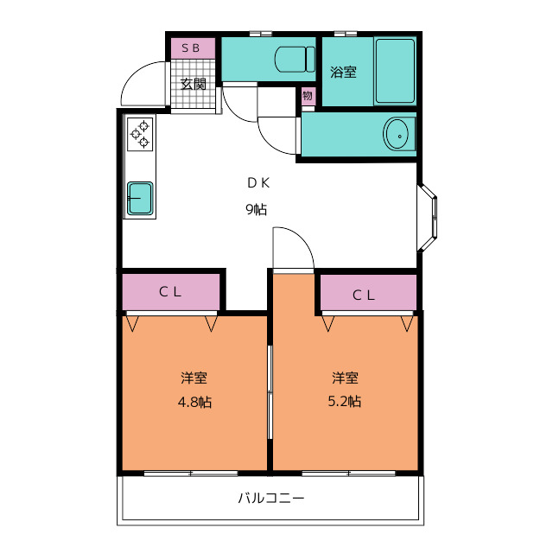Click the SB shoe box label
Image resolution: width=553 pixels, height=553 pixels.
(x=191, y=48)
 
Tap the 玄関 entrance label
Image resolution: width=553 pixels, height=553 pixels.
(x=193, y=84)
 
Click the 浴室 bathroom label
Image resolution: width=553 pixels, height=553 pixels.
(x=343, y=73)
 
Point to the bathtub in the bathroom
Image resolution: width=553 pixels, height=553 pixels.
(x=395, y=71)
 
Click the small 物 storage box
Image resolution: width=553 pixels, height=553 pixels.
(x=308, y=96)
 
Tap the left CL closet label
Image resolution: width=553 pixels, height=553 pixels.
(x=170, y=291)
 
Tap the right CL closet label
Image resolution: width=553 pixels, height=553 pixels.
(x=365, y=295)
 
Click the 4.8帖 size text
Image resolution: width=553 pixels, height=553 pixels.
(x=194, y=402)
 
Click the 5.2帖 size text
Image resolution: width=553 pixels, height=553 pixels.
(x=344, y=402)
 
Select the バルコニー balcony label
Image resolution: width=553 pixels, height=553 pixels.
(x=271, y=499)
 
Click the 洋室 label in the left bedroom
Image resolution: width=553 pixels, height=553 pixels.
(x=194, y=378)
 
